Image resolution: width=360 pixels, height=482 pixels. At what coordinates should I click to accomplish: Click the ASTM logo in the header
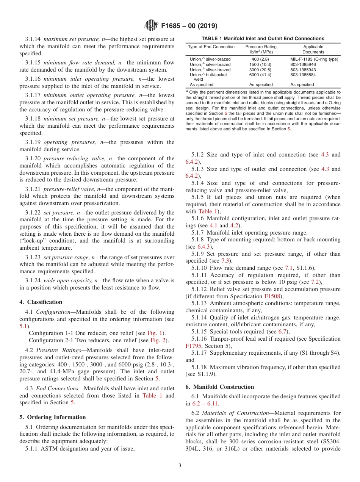(151, 26)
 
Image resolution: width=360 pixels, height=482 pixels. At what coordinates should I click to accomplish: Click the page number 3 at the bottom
(180, 466)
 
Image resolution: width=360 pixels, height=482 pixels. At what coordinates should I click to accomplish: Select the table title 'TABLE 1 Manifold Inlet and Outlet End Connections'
(263, 38)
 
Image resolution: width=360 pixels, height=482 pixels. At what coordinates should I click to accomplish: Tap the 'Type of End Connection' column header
(211, 47)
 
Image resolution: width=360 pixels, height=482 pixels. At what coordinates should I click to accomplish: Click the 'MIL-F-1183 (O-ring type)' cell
(314, 59)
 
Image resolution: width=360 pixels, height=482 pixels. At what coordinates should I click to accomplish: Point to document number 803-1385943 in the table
(303, 70)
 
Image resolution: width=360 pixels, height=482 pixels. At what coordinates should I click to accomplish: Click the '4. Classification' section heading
(41, 302)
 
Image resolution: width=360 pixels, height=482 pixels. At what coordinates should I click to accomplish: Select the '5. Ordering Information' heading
(52, 417)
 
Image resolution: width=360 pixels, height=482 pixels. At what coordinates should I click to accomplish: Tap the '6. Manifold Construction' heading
(220, 387)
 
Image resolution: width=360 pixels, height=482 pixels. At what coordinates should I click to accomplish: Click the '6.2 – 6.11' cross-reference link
(205, 403)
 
